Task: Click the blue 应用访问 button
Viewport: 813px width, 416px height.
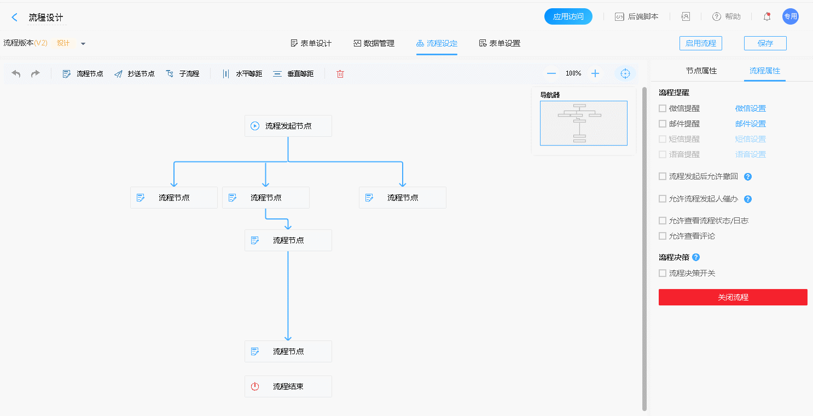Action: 568,16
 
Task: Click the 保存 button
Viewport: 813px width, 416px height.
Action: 765,44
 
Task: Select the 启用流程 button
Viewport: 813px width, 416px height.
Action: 700,44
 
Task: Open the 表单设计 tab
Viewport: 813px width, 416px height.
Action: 311,43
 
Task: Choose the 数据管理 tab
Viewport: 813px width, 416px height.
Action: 374,43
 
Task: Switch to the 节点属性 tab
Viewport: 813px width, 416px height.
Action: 701,71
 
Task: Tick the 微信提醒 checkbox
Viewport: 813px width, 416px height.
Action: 663,108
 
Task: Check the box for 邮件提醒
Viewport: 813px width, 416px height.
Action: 663,124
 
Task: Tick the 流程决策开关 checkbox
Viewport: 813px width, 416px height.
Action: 663,273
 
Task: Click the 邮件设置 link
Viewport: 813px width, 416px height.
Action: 750,124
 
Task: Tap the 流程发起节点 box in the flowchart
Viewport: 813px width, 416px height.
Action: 288,126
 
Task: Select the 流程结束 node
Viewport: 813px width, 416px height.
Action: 288,386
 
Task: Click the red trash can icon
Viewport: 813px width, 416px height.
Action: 340,74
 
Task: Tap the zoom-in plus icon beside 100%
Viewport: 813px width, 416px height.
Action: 595,73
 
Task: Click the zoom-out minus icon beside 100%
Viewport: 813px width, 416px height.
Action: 551,73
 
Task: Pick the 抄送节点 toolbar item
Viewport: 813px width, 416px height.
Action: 135,74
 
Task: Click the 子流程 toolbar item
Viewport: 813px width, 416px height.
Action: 183,74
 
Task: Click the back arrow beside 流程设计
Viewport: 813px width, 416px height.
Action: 15,18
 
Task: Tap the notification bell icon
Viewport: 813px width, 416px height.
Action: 767,16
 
